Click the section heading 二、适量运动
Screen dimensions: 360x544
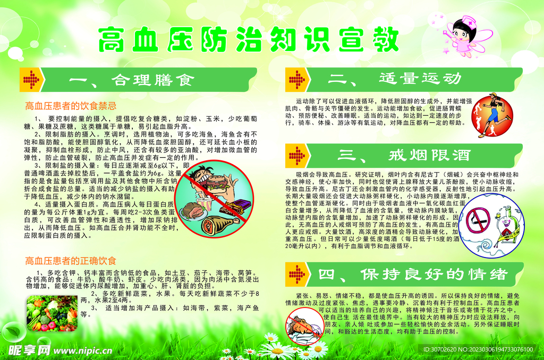(x=420, y=79)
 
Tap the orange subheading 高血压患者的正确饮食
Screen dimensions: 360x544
(x=71, y=261)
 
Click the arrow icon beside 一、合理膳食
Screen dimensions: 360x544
(x=32, y=80)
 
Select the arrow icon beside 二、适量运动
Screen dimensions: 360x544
(x=297, y=79)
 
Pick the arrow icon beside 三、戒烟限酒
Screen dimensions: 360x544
(x=297, y=155)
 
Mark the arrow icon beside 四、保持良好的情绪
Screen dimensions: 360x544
(x=297, y=275)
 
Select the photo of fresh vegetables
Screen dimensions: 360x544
(x=52, y=314)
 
